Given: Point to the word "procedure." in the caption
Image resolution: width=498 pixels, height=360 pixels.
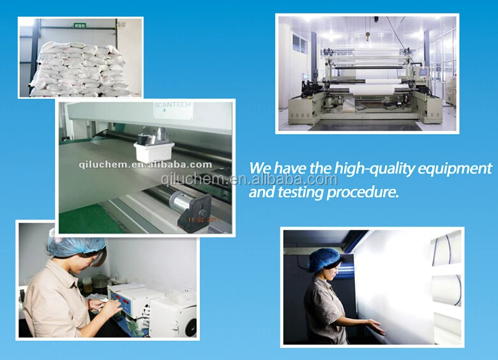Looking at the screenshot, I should click(x=362, y=191).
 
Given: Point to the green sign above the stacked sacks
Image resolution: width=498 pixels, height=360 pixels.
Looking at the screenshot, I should click(x=80, y=25).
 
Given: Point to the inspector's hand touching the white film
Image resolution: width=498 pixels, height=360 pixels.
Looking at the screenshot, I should click(x=377, y=328).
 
